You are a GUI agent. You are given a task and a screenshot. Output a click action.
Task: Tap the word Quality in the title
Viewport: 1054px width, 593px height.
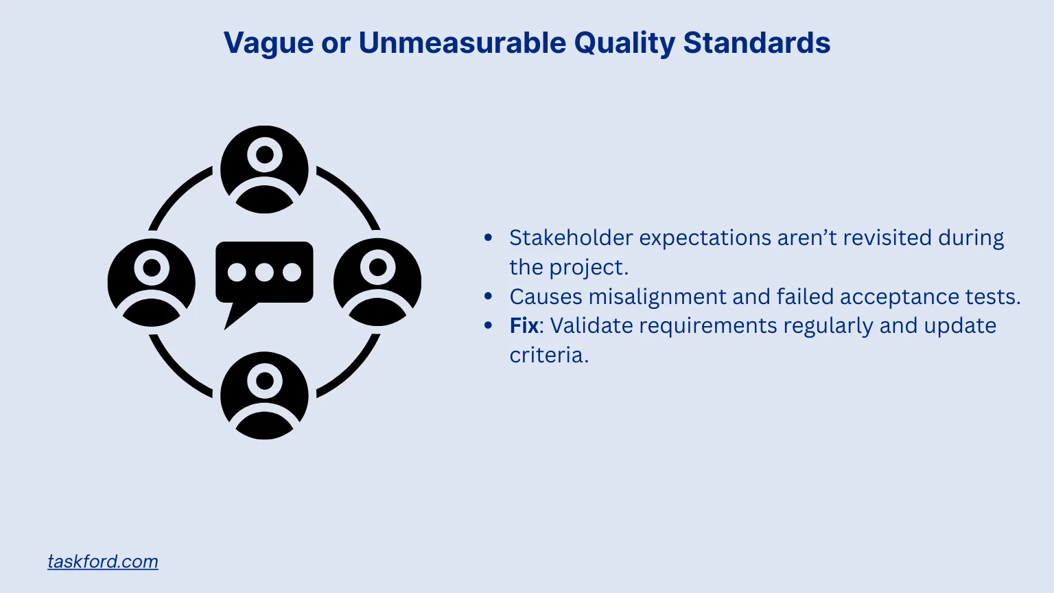[x=624, y=43]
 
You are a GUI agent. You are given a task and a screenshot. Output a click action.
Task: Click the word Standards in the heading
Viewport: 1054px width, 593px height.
[x=757, y=43]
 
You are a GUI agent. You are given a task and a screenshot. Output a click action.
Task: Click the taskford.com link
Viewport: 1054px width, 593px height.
[x=103, y=561]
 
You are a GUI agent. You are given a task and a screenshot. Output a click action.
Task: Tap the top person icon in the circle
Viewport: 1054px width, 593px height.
[x=264, y=169]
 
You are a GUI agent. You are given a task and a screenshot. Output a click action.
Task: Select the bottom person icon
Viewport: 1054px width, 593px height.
[x=264, y=395]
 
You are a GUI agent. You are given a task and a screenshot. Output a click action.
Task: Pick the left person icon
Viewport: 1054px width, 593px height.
[x=152, y=282]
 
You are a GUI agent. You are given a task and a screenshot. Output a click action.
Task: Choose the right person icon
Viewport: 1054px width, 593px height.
[x=377, y=282]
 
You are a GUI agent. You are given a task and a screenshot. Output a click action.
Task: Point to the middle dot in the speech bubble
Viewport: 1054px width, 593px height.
[x=264, y=272]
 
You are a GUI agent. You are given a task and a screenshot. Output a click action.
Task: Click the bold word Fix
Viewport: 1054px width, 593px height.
[x=524, y=325]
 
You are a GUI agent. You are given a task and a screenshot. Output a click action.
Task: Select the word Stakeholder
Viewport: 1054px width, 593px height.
[x=571, y=237]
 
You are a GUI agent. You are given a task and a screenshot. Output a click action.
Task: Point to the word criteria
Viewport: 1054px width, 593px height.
[x=548, y=355]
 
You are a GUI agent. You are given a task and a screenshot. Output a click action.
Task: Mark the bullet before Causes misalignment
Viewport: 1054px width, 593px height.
[x=489, y=296]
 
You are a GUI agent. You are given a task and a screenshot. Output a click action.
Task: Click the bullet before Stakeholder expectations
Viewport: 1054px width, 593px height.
[x=489, y=237]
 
